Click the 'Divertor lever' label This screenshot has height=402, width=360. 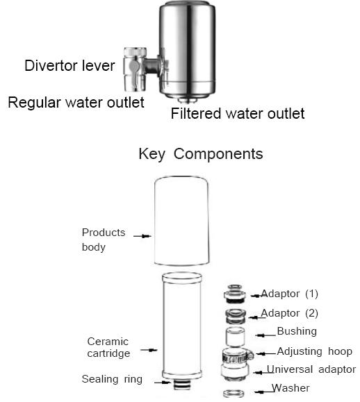click(x=70, y=66)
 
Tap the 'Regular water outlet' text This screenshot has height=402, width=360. click(x=76, y=103)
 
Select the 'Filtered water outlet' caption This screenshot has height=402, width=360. click(x=238, y=113)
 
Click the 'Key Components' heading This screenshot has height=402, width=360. click(x=201, y=153)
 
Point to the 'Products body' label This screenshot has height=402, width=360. click(x=104, y=240)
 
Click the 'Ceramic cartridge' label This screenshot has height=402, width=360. click(x=108, y=347)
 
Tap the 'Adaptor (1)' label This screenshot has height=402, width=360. click(x=289, y=294)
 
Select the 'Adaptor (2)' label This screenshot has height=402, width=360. click(x=289, y=313)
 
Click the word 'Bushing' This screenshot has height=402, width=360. click(x=296, y=331)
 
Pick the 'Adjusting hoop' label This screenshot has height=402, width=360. click(x=314, y=351)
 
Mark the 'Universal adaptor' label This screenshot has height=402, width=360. click(x=311, y=369)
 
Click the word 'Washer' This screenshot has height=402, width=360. click(x=291, y=388)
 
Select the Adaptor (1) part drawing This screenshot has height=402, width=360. click(x=234, y=294)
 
